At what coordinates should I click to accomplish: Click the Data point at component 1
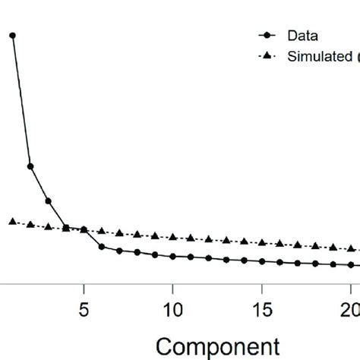[12, 36]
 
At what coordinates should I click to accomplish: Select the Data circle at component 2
[30, 166]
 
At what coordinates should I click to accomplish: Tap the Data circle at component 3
[48, 201]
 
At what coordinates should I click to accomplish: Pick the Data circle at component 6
[102, 247]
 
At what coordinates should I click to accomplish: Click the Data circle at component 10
[173, 257]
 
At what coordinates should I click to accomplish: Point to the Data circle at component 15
[263, 262]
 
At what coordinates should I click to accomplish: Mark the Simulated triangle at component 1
[12, 221]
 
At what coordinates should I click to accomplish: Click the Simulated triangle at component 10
[173, 237]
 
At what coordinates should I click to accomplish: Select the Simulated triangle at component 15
[263, 243]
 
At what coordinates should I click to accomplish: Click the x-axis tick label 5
[84, 312]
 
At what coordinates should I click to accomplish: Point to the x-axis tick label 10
[173, 312]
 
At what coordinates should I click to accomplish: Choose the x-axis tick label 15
[263, 312]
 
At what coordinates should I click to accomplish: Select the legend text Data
[302, 36]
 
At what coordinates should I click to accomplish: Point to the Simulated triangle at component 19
[334, 248]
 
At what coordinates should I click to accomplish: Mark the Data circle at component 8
[137, 252]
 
